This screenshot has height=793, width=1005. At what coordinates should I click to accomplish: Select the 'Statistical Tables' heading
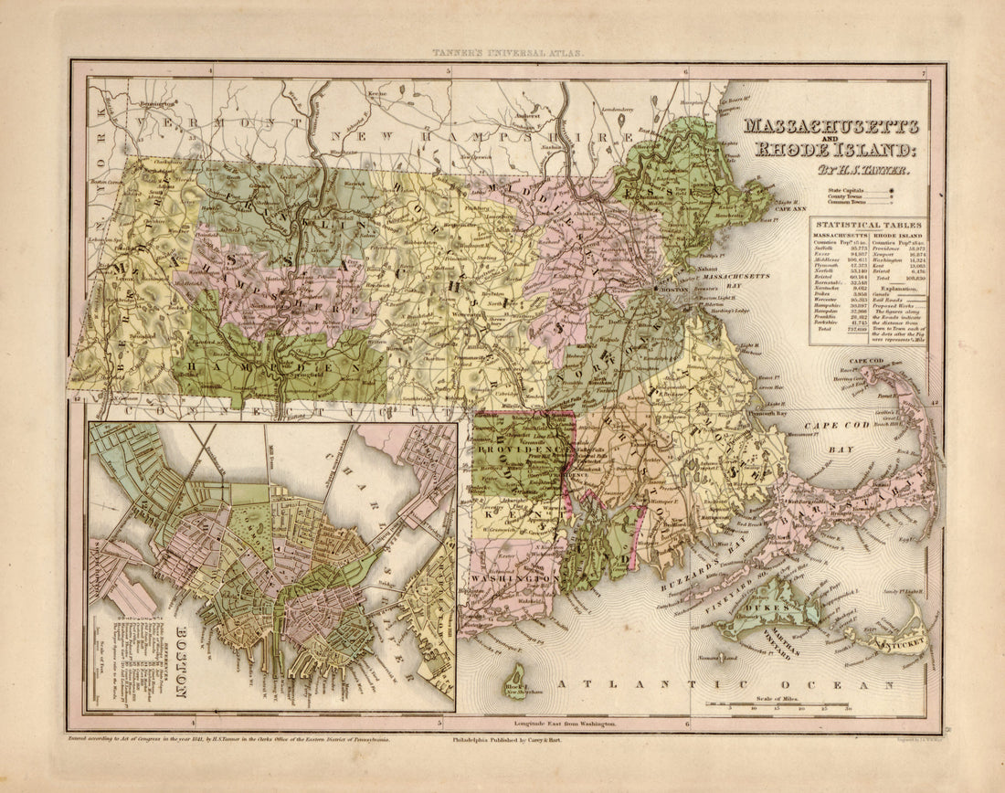[869, 225]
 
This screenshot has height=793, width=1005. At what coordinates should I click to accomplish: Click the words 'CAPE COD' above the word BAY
[828, 427]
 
